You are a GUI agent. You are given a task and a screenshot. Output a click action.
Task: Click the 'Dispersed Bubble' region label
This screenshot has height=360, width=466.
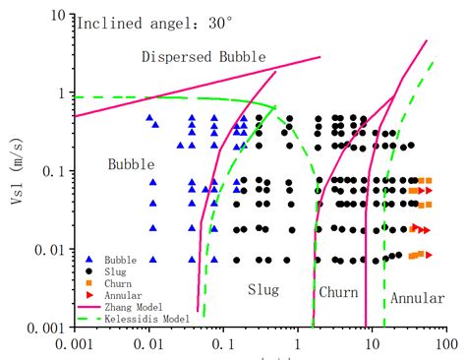203,57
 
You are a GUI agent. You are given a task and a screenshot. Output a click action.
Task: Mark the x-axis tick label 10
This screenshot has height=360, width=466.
371,346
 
